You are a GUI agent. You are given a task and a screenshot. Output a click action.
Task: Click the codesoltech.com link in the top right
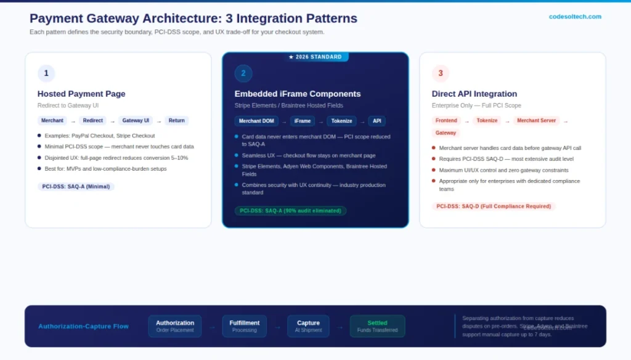point(575,17)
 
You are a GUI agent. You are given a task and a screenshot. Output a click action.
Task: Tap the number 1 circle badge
point(46,73)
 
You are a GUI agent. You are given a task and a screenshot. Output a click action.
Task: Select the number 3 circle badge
point(440,73)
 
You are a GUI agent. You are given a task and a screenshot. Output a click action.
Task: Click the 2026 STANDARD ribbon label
point(315,57)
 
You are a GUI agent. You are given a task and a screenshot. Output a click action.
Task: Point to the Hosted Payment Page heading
point(81,94)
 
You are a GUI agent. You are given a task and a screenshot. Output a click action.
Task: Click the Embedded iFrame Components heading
point(298,94)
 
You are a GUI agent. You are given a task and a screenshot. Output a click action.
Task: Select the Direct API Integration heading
point(476,94)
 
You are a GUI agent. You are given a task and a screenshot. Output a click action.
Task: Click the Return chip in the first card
point(176,121)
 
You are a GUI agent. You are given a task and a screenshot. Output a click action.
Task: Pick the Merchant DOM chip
point(256,121)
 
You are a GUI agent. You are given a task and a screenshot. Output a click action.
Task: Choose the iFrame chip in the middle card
point(302,121)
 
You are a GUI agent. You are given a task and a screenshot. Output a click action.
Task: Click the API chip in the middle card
point(377,121)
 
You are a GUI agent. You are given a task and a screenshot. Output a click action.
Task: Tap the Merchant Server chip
point(536,121)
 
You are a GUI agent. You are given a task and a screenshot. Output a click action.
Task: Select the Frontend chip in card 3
point(446,121)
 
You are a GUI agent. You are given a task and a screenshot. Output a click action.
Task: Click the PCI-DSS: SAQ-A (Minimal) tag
point(76,186)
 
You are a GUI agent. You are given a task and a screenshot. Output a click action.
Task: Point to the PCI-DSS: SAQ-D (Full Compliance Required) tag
point(494,207)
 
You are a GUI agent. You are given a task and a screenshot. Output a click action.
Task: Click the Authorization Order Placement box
point(175,326)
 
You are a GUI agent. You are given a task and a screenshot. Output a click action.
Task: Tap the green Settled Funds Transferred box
point(377,326)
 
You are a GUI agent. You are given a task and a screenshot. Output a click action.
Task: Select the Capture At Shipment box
point(308,326)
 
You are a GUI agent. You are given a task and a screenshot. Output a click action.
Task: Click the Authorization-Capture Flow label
point(83,326)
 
